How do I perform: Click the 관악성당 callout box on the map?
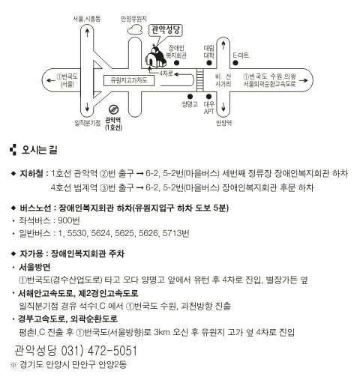point(165,30)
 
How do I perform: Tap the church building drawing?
point(155,57)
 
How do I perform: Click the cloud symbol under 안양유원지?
point(135,30)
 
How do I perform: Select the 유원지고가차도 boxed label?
point(129,80)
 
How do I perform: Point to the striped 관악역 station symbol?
point(113,109)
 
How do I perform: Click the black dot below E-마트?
point(235,63)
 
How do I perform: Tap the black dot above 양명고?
point(190,97)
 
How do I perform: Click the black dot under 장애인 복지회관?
point(176,63)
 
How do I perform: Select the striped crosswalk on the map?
point(199,80)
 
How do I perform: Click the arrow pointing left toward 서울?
point(51,80)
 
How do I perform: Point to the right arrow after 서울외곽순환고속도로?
point(304,80)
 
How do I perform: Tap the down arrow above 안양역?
point(223,107)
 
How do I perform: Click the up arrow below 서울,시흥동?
point(87,33)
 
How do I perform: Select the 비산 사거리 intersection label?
point(223,80)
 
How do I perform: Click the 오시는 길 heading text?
point(40,150)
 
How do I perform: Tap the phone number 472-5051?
point(112,351)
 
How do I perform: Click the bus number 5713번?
point(175,233)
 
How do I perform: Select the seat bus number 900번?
point(69,220)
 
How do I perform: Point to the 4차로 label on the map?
point(166,73)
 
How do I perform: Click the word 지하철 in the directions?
point(31,173)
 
